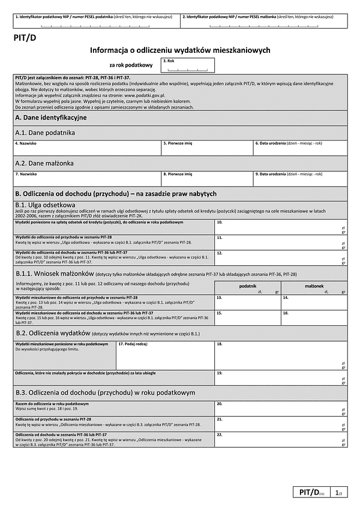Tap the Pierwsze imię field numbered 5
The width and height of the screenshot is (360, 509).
[x=207, y=148]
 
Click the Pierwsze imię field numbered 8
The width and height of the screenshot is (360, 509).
[x=207, y=179]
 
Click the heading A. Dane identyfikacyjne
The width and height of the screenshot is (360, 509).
[x=51, y=118]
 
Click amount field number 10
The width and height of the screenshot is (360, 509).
[x=280, y=226]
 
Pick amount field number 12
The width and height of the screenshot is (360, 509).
[x=280, y=258]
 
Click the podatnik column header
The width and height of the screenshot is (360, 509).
[x=247, y=286]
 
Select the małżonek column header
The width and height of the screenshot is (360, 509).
[x=314, y=286]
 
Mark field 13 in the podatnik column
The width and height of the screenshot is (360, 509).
[x=247, y=302]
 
